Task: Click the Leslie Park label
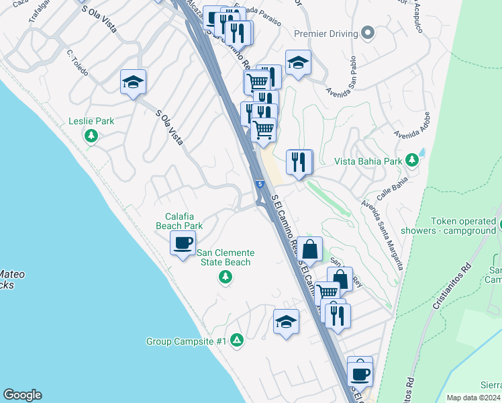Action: (91, 122)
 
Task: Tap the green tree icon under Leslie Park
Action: (91, 136)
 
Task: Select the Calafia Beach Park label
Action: (179, 221)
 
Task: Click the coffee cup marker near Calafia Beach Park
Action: (183, 243)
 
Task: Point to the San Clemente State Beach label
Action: (226, 257)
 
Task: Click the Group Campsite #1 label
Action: (186, 341)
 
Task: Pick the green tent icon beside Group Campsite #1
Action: (236, 341)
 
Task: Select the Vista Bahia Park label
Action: (368, 161)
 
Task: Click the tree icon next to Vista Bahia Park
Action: (412, 161)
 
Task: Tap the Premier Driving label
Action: (326, 33)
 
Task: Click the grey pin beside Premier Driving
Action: (367, 32)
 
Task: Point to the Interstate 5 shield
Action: (259, 184)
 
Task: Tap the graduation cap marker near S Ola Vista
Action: (133, 83)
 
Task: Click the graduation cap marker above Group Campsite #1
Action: (286, 322)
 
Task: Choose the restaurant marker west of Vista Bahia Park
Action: (299, 162)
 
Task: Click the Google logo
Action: (22, 395)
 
